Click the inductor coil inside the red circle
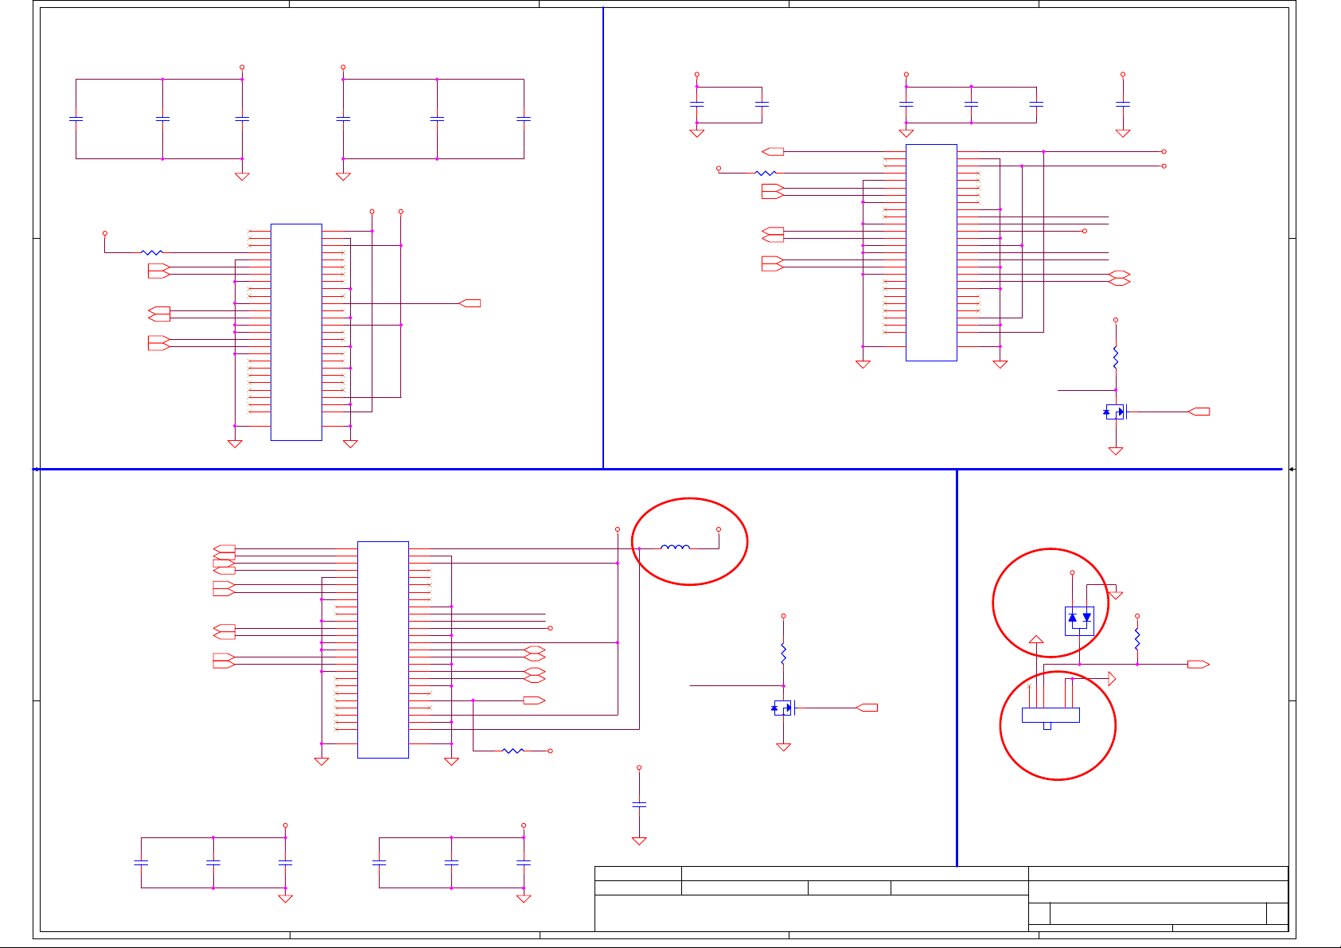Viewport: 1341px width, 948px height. [x=675, y=548]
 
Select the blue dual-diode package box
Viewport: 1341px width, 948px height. [x=1079, y=620]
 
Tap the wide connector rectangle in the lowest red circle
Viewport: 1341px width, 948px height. [x=1051, y=715]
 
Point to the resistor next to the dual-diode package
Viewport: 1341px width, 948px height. [x=1137, y=639]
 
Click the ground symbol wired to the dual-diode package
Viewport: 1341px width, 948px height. [x=1116, y=594]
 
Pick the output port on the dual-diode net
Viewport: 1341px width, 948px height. [x=1198, y=664]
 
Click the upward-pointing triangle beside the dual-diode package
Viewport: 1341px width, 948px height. [x=1036, y=639]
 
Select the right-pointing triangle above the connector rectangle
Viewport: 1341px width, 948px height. [x=1111, y=679]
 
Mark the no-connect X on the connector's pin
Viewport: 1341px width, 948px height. [x=1030, y=685]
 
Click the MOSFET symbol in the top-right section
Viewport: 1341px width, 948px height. [x=1116, y=412]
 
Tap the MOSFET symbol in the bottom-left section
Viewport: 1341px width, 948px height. [x=783, y=707]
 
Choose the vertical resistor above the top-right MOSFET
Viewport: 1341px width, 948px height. [x=1116, y=357]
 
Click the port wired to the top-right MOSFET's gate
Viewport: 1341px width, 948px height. [x=1199, y=412]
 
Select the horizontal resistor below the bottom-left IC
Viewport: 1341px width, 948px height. [x=513, y=751]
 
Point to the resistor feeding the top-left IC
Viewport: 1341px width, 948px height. [x=151, y=252]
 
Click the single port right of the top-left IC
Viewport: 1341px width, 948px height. [x=470, y=303]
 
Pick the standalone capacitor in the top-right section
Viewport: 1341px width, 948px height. [x=1123, y=103]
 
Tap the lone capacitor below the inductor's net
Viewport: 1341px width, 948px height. [x=639, y=804]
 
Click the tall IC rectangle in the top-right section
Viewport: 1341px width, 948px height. [x=931, y=252]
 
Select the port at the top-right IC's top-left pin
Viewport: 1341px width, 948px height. [x=773, y=151]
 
